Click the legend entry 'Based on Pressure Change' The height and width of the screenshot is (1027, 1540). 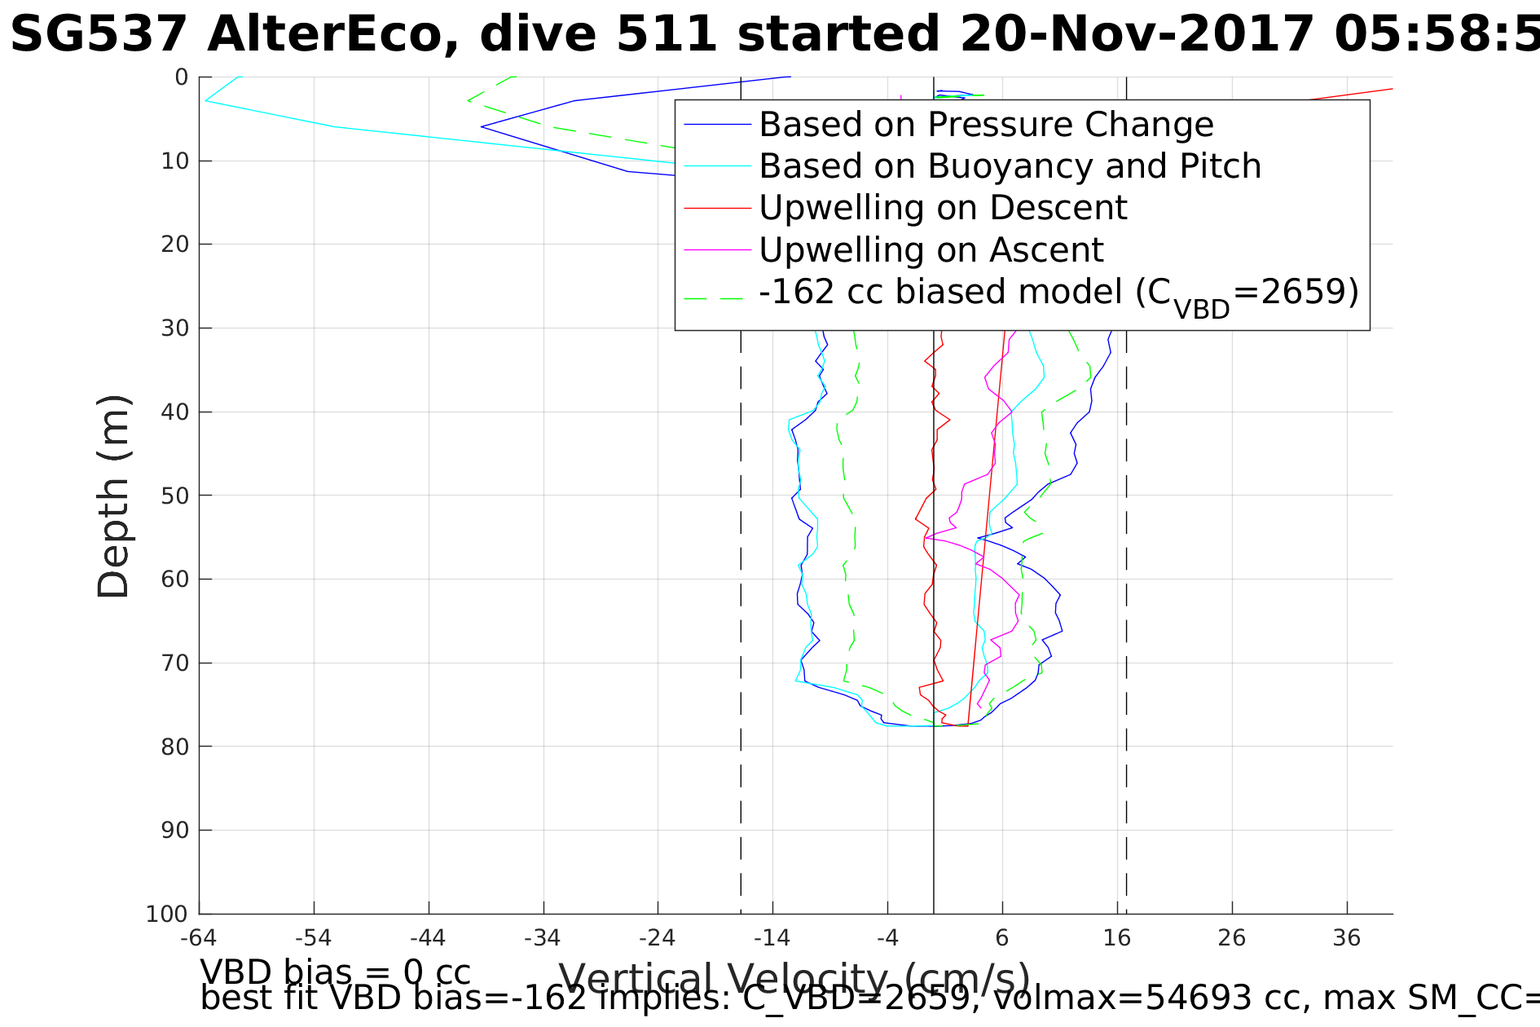986,125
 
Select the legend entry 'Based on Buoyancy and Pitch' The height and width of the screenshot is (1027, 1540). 1010,166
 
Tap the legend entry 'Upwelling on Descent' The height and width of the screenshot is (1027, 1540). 943,208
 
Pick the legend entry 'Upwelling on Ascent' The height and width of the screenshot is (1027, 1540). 931,249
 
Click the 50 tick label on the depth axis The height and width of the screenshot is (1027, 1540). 174,496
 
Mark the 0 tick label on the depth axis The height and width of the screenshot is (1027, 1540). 181,77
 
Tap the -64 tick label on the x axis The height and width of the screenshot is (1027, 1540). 199,938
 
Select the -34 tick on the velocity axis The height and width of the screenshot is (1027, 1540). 543,938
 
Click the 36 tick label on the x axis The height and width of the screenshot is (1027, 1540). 1347,938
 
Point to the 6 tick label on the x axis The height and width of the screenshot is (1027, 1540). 1002,938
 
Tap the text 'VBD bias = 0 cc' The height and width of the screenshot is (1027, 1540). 335,972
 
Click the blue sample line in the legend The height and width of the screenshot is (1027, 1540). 717,125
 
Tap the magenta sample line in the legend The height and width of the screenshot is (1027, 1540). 717,249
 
